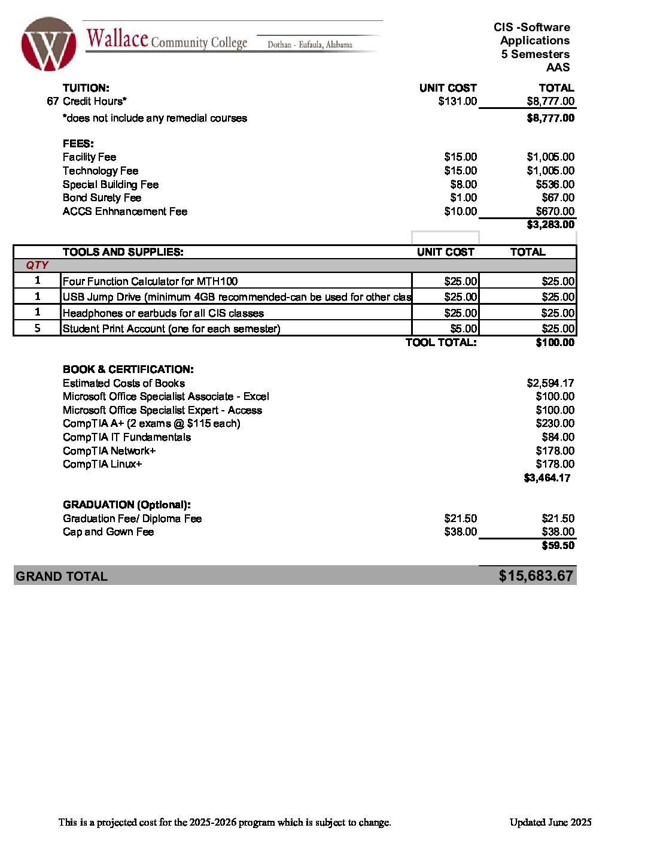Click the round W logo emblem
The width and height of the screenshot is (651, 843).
(x=48, y=44)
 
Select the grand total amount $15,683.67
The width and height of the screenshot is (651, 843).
(x=536, y=576)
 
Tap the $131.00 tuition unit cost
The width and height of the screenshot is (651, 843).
(x=457, y=101)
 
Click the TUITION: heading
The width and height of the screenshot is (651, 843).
(x=86, y=88)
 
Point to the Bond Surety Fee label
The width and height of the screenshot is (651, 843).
(x=102, y=198)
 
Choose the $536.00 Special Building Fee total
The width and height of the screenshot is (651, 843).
(x=555, y=184)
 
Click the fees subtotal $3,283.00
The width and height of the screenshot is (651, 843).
(x=550, y=225)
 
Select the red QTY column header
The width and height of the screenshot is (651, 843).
(x=37, y=265)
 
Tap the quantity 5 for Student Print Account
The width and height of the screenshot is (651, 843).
(x=38, y=328)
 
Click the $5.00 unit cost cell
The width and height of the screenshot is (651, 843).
(x=463, y=329)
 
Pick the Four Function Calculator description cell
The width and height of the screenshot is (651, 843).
(x=150, y=281)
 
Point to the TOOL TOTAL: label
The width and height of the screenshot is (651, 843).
(x=441, y=342)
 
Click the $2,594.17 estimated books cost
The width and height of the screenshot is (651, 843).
(x=550, y=383)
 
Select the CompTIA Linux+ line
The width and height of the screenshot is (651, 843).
(x=102, y=464)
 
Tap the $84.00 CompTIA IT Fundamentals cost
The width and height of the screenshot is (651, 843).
(x=558, y=437)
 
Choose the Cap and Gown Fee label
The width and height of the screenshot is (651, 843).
(x=108, y=532)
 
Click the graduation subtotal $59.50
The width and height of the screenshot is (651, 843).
(x=558, y=545)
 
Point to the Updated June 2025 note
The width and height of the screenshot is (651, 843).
(x=550, y=822)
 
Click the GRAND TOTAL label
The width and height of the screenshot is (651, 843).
(x=62, y=577)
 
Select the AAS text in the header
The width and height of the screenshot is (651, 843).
(x=558, y=68)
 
